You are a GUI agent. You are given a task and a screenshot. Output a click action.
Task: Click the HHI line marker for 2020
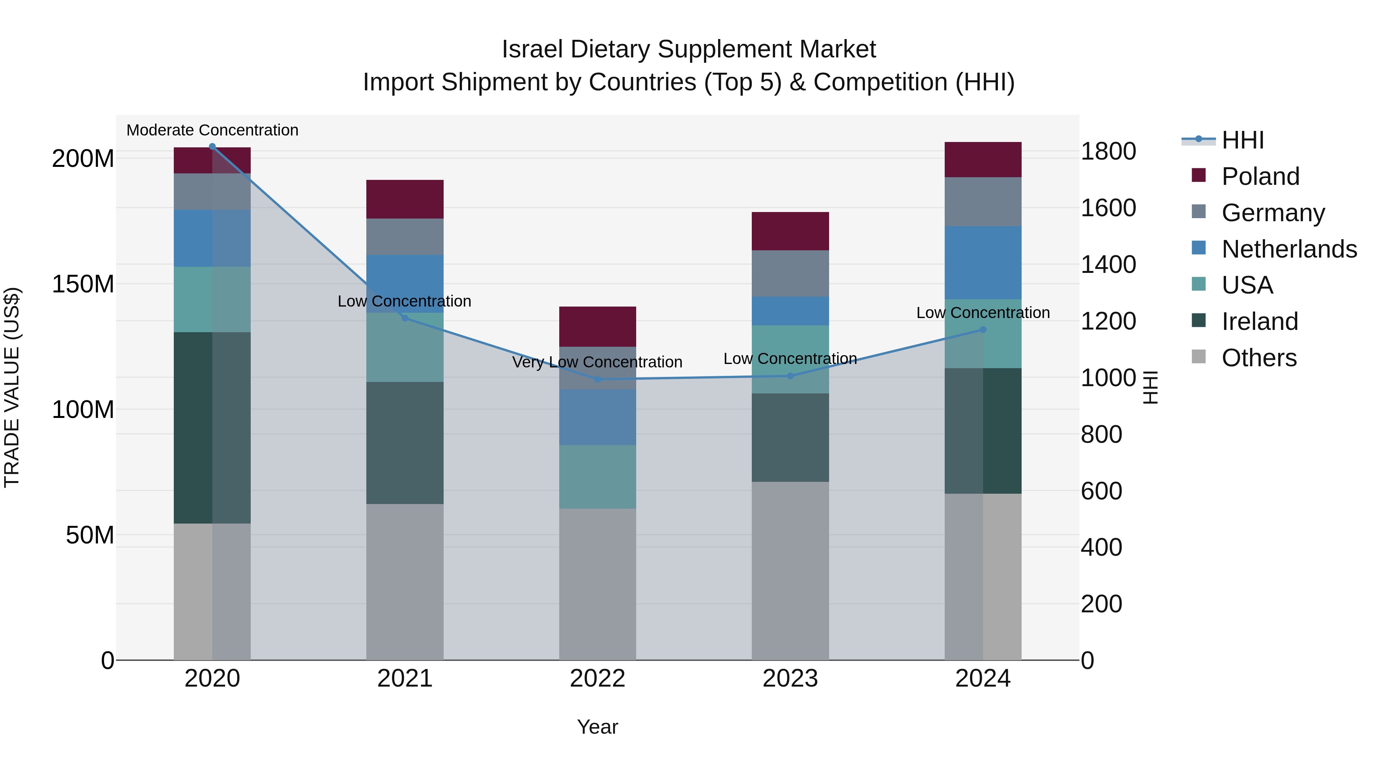click(212, 147)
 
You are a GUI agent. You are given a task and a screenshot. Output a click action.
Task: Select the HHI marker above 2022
click(598, 380)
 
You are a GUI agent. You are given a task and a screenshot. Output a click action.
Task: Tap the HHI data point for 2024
click(983, 330)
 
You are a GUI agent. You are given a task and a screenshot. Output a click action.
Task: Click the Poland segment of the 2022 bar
click(598, 327)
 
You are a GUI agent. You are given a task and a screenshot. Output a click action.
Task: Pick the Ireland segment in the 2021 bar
click(405, 443)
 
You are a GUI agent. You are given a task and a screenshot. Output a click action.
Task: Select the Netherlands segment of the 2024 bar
click(983, 263)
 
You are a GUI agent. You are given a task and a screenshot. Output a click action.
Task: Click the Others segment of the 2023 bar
click(790, 571)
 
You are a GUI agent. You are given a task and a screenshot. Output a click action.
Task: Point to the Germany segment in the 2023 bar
click(790, 273)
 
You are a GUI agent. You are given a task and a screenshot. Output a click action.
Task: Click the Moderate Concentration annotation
click(212, 131)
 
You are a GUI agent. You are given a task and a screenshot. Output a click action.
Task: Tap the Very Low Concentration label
click(597, 362)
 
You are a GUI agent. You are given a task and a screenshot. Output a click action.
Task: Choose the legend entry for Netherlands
click(1289, 249)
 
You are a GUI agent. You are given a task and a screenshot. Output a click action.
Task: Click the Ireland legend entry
click(1259, 321)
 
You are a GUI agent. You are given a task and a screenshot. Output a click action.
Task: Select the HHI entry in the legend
click(1242, 140)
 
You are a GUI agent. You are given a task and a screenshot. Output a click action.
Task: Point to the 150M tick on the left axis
click(83, 284)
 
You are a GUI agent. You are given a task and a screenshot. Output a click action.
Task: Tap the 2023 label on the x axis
click(790, 679)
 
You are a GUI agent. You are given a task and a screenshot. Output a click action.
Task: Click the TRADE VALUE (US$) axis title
click(12, 387)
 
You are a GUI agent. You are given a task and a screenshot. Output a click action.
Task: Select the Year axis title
click(598, 727)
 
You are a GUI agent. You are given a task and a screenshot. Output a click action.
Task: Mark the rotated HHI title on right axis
click(1150, 387)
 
